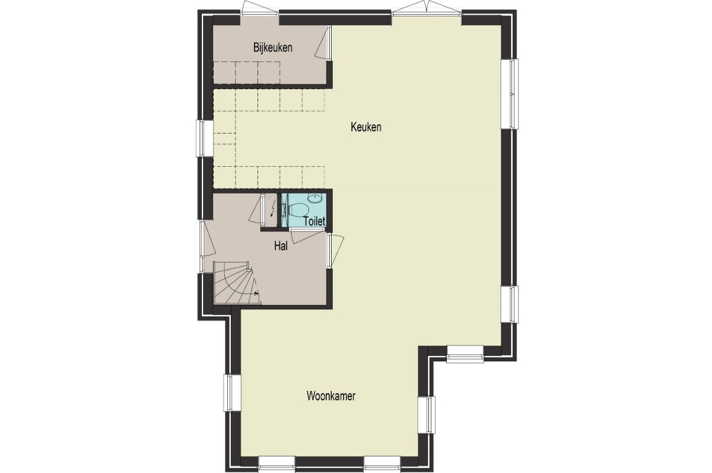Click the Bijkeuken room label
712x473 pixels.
273,47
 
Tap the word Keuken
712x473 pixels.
366,127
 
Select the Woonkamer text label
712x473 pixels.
331,396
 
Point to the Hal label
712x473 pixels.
281,246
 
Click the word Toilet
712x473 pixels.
314,221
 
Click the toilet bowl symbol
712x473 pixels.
298,211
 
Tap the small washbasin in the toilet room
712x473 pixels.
315,198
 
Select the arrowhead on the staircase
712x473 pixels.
256,294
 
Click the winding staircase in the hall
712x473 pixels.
237,283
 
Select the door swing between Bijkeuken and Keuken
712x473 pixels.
323,43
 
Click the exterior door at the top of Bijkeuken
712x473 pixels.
259,7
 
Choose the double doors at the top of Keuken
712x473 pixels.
426,7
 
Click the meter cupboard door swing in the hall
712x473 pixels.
256,210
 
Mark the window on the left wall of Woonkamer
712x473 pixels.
233,392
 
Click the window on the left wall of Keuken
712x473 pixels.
204,138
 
